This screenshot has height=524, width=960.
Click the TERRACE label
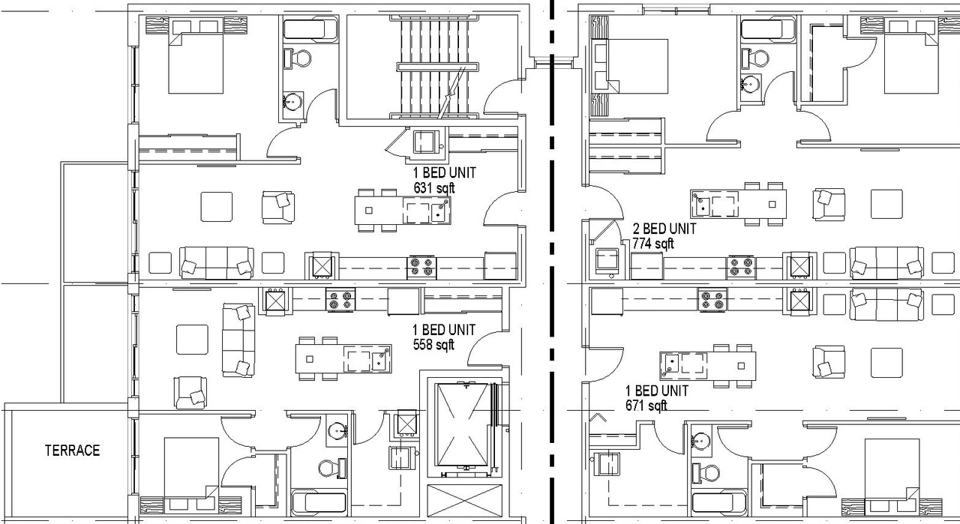72,451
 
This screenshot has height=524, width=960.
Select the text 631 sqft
434,187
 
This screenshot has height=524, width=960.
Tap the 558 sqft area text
434,345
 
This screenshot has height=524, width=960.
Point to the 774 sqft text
653,244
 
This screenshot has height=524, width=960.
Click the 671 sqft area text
646,406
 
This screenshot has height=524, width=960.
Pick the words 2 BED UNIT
664,229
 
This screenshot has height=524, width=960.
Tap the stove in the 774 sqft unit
740,266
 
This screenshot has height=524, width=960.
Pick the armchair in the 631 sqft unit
277,207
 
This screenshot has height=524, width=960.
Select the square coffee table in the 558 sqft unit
192,340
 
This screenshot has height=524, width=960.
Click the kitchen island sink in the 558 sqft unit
380,358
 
